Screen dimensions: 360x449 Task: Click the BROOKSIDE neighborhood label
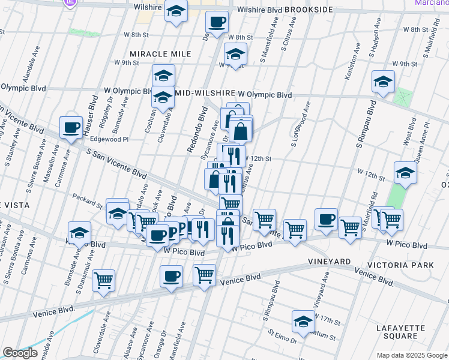309,10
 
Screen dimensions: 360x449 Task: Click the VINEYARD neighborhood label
330,262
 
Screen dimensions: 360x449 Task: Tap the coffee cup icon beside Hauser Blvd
71,127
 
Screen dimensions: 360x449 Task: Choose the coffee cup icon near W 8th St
217,22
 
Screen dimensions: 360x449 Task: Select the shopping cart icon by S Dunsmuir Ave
104,280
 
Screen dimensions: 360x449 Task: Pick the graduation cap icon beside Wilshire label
176,11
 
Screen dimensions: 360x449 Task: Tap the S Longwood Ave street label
301,124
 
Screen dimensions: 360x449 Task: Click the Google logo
20,352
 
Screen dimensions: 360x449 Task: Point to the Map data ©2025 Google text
411,355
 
